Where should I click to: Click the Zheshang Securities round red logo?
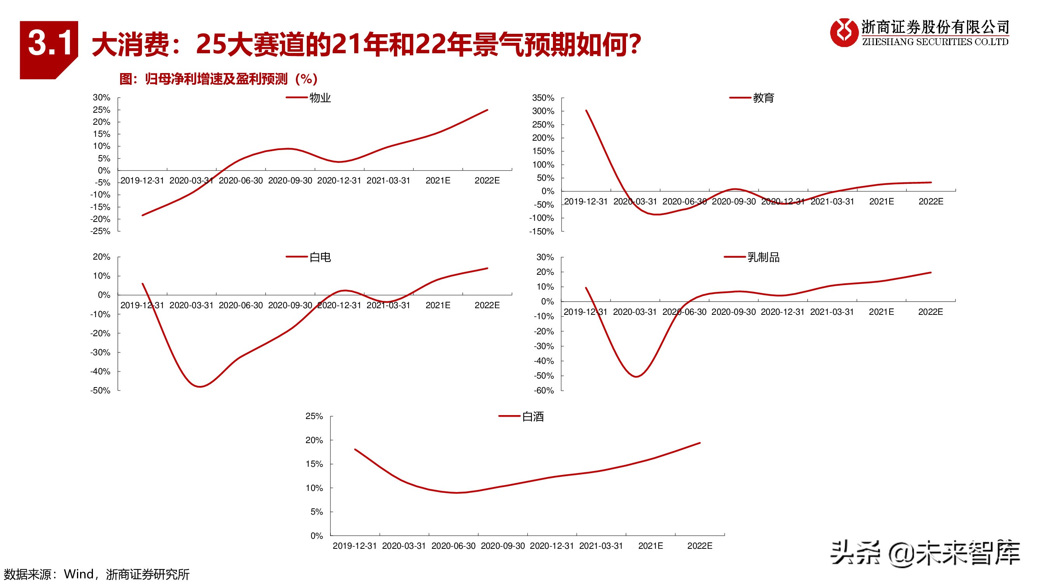[843, 33]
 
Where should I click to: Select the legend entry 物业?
[320, 98]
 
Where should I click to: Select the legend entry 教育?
[763, 98]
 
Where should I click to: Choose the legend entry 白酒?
[533, 417]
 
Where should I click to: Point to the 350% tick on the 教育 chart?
[543, 98]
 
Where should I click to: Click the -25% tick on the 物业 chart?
[100, 232]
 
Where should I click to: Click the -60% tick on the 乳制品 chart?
[544, 391]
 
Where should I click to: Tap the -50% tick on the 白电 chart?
[100, 391]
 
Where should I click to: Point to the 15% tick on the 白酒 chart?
[314, 464]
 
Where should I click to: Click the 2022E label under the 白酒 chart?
[699, 546]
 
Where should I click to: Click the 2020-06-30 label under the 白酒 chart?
[453, 546]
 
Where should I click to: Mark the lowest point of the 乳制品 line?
[636, 377]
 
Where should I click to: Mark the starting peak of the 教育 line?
[586, 111]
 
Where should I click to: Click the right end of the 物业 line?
[487, 110]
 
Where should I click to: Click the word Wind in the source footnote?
[79, 574]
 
